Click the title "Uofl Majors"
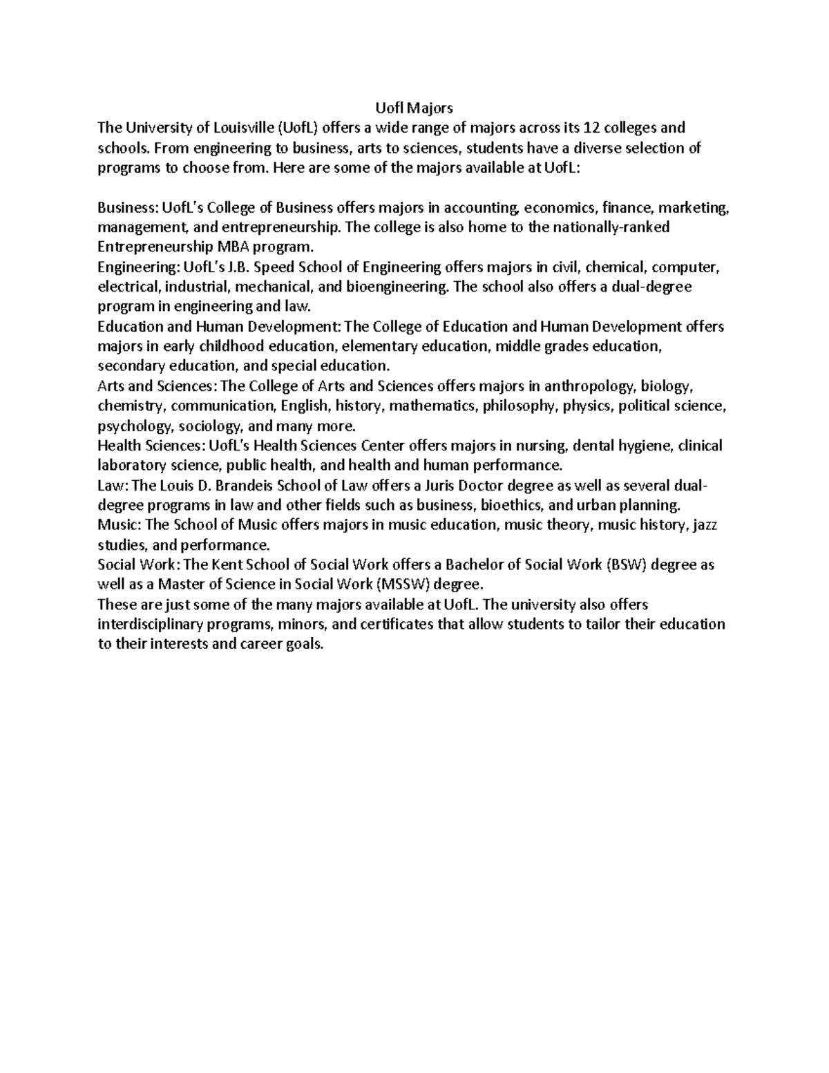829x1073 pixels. (413, 108)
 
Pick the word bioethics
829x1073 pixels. (511, 505)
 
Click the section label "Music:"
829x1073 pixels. (118, 525)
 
